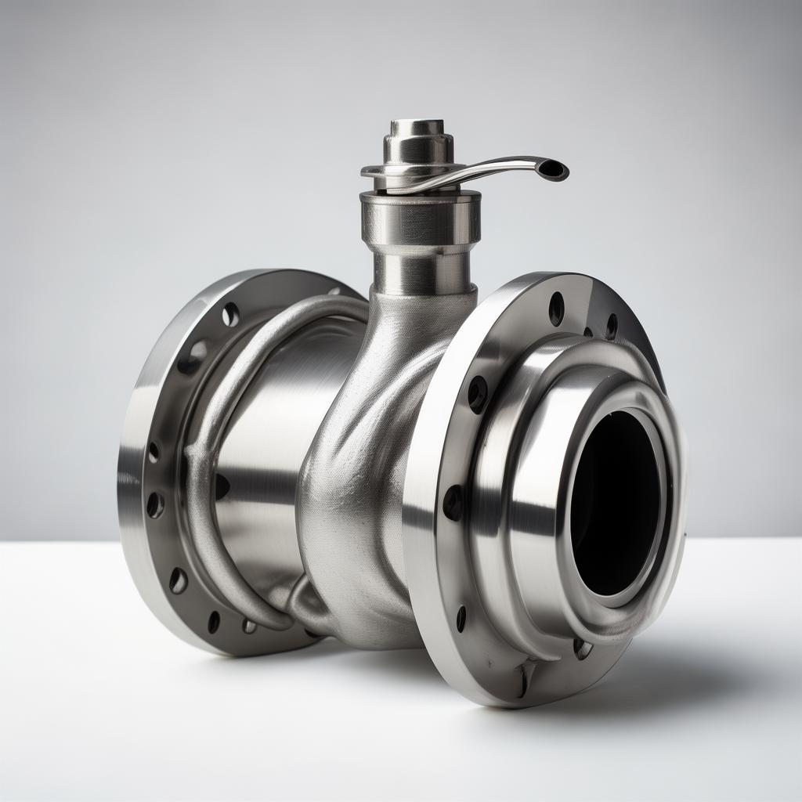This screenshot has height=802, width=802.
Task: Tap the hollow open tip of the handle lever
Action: click(555, 169)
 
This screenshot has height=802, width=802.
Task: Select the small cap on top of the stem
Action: click(417, 128)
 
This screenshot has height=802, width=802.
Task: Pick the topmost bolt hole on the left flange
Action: click(230, 314)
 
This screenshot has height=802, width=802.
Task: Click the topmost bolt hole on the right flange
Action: click(556, 308)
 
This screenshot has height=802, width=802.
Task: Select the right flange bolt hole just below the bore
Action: click(582, 648)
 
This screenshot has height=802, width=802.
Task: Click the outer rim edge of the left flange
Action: click(129, 470)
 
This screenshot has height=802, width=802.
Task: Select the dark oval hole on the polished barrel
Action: click(222, 486)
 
